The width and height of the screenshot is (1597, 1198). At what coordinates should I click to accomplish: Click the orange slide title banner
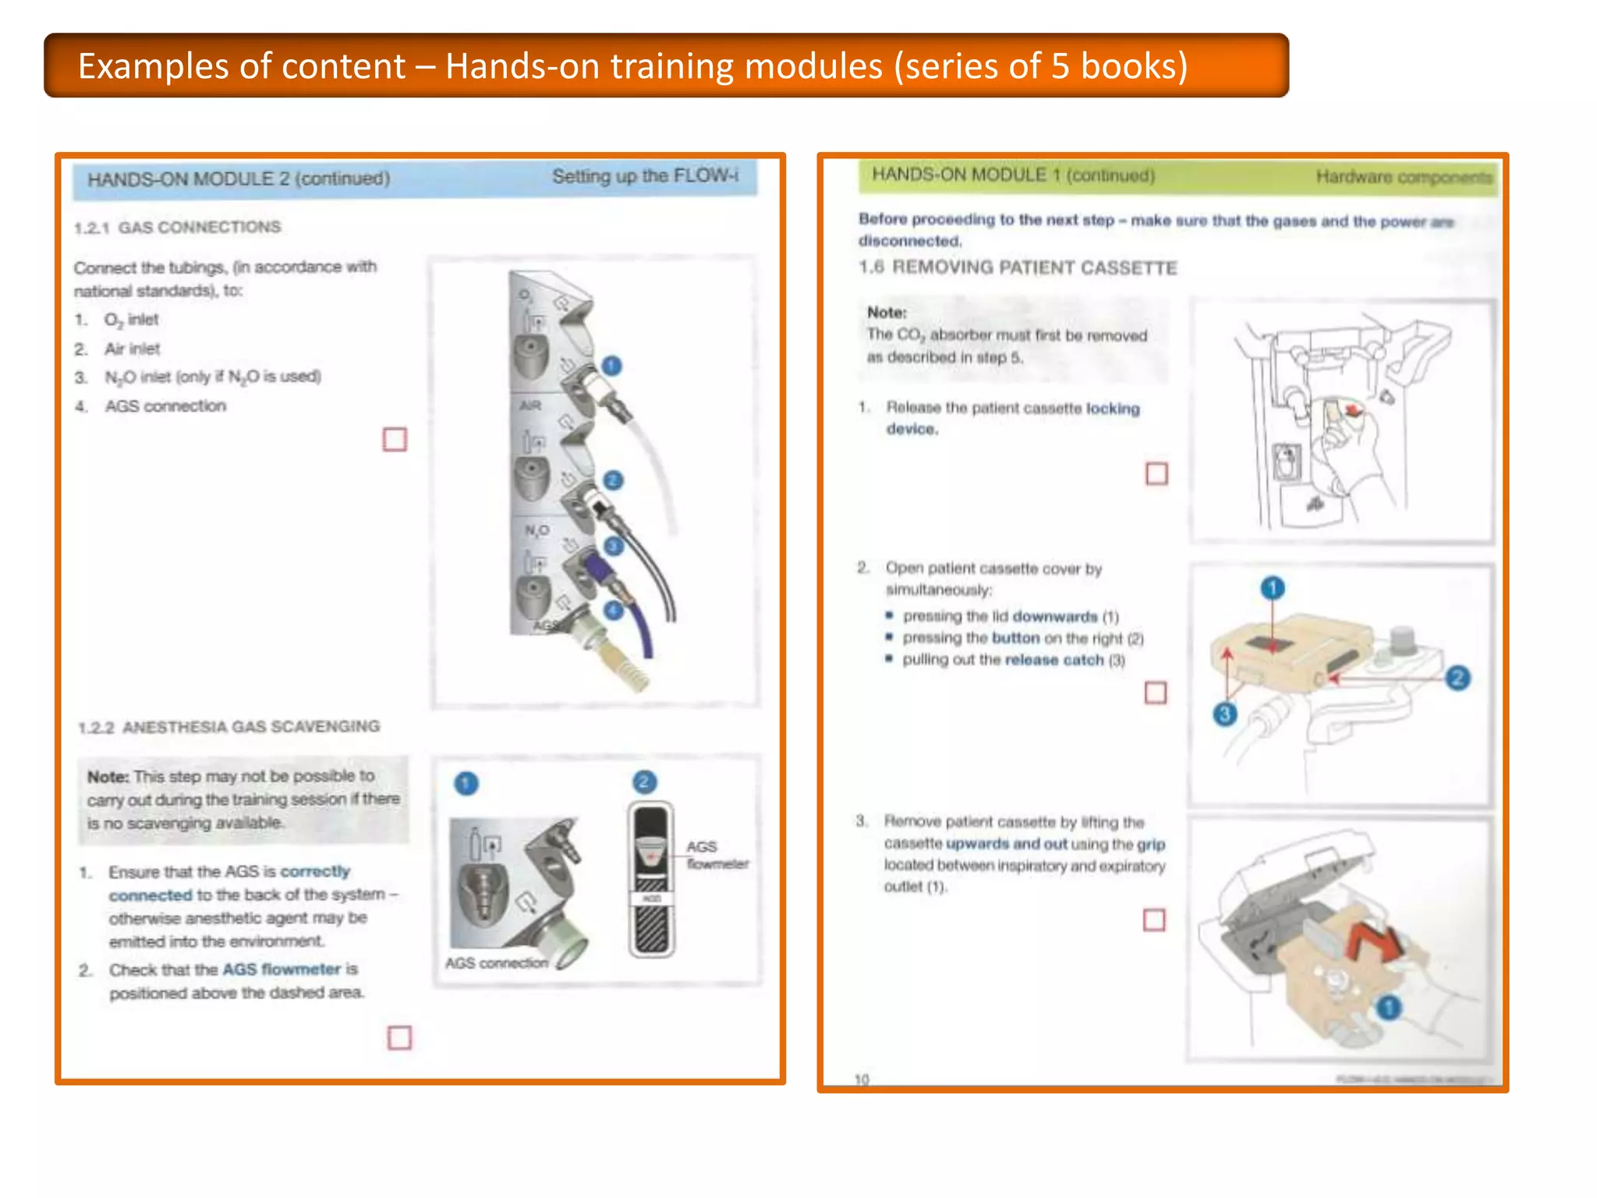pyautogui.click(x=666, y=66)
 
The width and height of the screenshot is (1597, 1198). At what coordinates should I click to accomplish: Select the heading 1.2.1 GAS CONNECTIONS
pyautogui.click(x=178, y=227)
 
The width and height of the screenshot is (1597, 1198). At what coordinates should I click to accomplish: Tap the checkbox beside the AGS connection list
pyautogui.click(x=395, y=440)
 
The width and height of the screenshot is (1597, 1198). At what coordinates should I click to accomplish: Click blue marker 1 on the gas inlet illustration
pyautogui.click(x=612, y=365)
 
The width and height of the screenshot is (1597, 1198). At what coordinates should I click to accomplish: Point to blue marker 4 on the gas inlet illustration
pyautogui.click(x=614, y=610)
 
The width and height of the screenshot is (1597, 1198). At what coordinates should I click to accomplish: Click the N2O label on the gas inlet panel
pyautogui.click(x=536, y=530)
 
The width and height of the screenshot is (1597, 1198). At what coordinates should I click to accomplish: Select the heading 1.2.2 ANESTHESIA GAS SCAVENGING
pyautogui.click(x=229, y=727)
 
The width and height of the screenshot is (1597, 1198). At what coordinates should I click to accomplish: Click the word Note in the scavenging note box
pyautogui.click(x=108, y=777)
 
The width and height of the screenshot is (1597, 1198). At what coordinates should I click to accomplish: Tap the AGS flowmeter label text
pyautogui.click(x=716, y=855)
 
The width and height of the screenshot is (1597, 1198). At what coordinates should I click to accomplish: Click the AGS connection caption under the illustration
pyautogui.click(x=497, y=963)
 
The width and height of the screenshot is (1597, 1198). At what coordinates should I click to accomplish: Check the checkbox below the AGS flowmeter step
pyautogui.click(x=399, y=1037)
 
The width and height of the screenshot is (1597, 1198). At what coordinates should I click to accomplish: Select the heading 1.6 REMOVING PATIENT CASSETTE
pyautogui.click(x=1018, y=268)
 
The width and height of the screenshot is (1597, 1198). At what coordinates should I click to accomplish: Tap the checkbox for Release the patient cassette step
pyautogui.click(x=1156, y=473)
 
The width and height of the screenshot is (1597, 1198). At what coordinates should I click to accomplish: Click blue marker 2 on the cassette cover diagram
pyautogui.click(x=1457, y=677)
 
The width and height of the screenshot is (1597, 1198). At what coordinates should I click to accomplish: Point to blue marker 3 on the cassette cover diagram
pyautogui.click(x=1225, y=713)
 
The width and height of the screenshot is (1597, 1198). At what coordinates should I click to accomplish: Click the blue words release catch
pyautogui.click(x=1054, y=660)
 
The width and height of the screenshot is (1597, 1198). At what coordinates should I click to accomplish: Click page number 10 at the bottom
pyautogui.click(x=862, y=1079)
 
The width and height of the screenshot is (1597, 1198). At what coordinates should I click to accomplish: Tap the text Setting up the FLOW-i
pyautogui.click(x=645, y=176)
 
